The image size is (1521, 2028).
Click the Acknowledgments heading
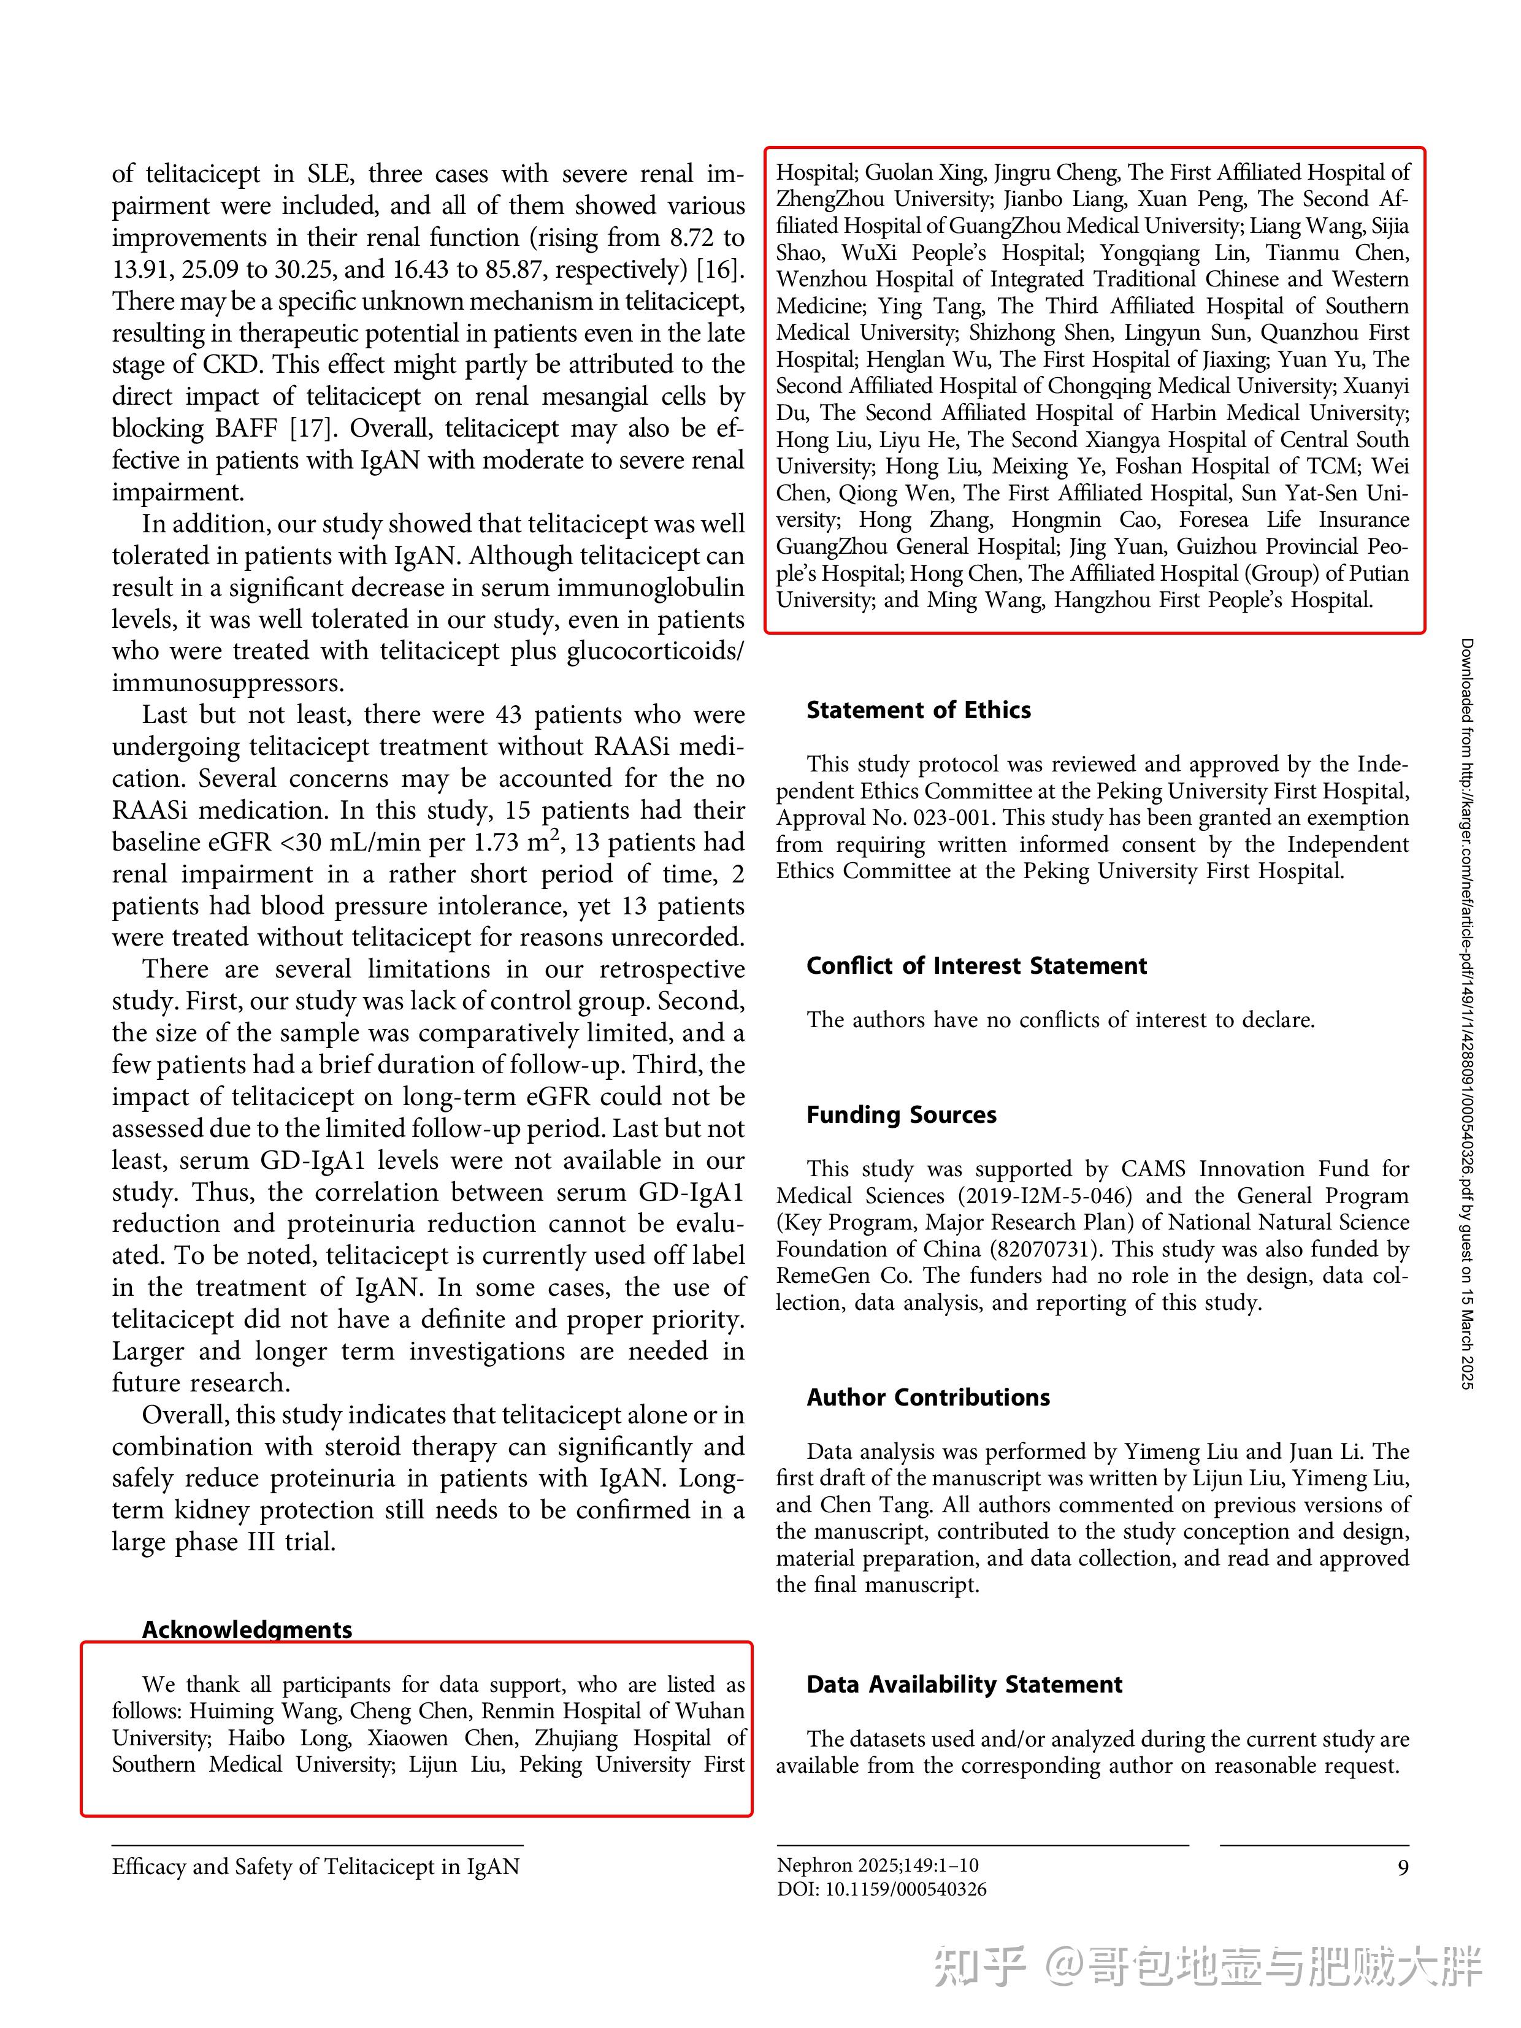pyautogui.click(x=247, y=1629)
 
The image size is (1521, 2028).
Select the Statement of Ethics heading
pyautogui.click(x=918, y=711)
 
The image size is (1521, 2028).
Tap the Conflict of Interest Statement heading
pyautogui.click(x=976, y=965)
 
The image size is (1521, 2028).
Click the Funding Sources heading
pyautogui.click(x=900, y=1115)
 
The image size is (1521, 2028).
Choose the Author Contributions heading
pyautogui.click(x=928, y=1397)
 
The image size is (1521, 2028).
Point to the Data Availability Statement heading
pyautogui.click(x=964, y=1684)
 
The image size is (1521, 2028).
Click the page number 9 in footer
pyautogui.click(x=1402, y=1867)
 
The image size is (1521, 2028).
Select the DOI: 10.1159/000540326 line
pyautogui.click(x=881, y=1889)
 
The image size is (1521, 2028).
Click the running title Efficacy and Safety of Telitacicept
pyautogui.click(x=315, y=1867)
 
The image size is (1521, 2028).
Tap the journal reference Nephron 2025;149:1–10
pyautogui.click(x=878, y=1865)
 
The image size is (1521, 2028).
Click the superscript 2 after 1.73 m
pyautogui.click(x=556, y=834)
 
